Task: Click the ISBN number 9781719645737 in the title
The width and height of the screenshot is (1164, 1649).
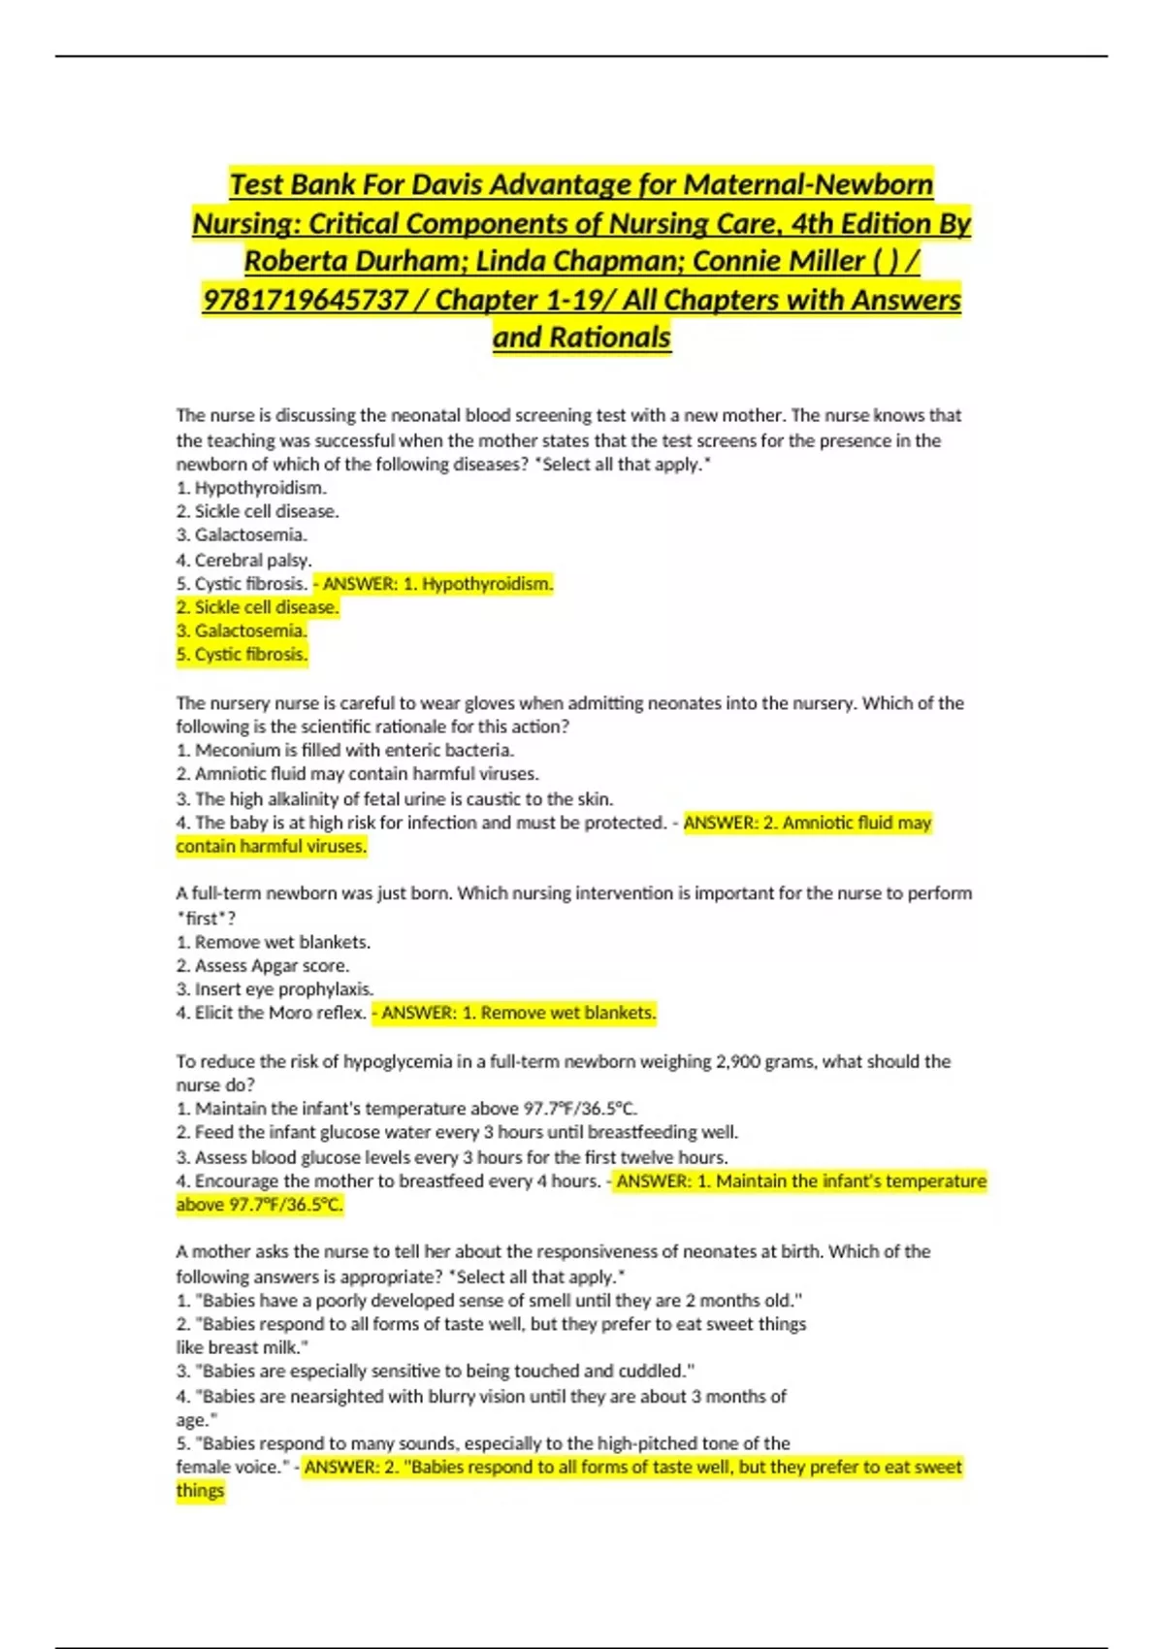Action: click(305, 300)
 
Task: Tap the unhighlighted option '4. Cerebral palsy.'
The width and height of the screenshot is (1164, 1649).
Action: click(243, 560)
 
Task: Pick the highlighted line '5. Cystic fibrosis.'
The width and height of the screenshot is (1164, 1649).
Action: click(242, 655)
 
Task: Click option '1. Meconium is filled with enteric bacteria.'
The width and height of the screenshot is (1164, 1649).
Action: click(345, 750)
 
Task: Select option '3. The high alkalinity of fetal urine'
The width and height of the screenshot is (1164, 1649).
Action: click(394, 799)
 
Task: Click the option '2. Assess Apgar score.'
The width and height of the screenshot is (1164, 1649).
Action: click(262, 965)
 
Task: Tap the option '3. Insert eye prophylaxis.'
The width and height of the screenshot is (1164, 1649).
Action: click(275, 989)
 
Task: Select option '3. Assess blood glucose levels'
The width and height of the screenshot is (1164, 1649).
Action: click(452, 1157)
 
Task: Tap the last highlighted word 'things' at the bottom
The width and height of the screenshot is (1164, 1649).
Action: click(200, 1491)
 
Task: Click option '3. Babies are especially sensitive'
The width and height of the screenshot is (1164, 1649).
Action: click(436, 1372)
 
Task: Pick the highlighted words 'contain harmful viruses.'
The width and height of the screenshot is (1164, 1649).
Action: click(272, 847)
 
